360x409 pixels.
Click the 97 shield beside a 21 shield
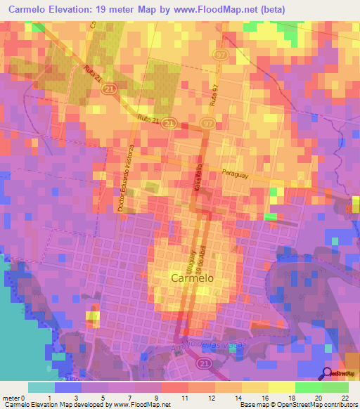click(x=207, y=124)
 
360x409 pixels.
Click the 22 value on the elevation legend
click(x=345, y=398)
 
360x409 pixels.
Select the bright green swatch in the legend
click(x=309, y=387)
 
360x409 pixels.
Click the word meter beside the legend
click(x=11, y=398)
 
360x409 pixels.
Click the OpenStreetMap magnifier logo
click(x=328, y=372)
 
